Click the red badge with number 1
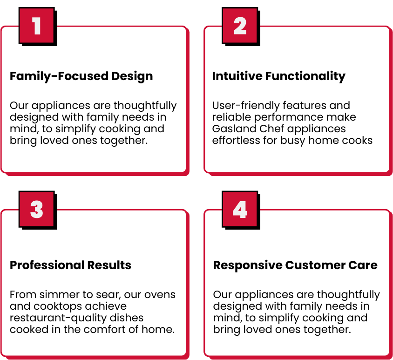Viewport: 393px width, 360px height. [37, 26]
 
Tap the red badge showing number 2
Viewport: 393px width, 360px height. [240, 26]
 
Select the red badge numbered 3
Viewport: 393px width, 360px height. [37, 209]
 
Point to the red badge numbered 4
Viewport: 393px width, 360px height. [240, 209]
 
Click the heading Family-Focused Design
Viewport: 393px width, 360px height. [81, 76]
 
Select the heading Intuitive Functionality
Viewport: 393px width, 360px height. [279, 76]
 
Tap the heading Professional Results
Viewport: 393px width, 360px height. [70, 265]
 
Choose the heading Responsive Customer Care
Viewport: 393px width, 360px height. [295, 265]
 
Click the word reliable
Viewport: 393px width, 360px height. [231, 117]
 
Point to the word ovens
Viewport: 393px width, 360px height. [162, 295]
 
